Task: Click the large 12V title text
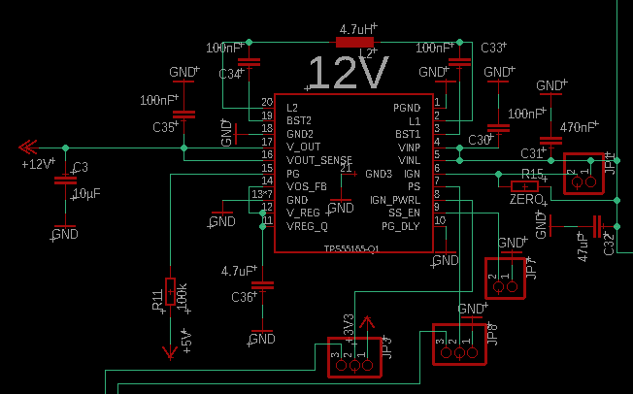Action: [x=349, y=74]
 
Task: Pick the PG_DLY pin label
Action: [x=400, y=226]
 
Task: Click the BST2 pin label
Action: [x=298, y=119]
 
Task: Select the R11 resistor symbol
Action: [x=171, y=290]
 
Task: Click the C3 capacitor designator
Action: [x=81, y=167]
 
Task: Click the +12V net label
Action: [x=38, y=164]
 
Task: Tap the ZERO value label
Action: [x=525, y=199]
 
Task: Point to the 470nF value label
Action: [x=579, y=127]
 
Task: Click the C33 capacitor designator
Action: [x=493, y=47]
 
